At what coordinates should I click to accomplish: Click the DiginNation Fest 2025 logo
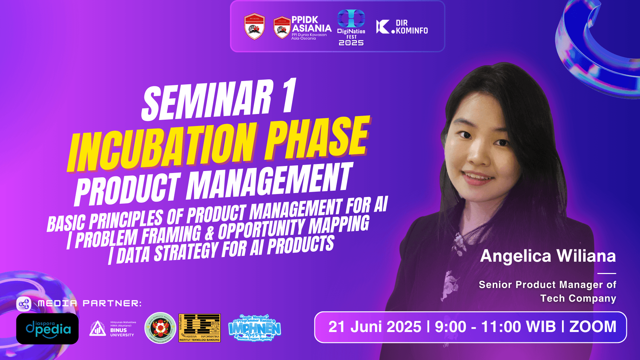tap(351, 27)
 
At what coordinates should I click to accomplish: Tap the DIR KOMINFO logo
tap(402, 27)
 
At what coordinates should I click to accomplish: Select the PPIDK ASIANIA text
tap(311, 24)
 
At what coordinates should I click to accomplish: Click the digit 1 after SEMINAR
tap(289, 96)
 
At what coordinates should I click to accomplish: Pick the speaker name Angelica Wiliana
tap(548, 256)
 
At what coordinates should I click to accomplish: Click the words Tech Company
tap(578, 298)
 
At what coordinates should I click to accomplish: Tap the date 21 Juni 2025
tap(375, 327)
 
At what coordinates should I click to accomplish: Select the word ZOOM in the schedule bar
tap(593, 327)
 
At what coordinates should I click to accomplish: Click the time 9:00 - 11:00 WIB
tap(495, 327)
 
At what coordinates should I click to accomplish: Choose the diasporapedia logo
tap(47, 329)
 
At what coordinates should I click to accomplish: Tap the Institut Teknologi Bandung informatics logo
tap(199, 328)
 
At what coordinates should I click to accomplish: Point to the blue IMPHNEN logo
tap(255, 328)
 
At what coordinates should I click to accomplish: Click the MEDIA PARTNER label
tap(90, 303)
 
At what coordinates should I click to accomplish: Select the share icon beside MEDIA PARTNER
tap(24, 304)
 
